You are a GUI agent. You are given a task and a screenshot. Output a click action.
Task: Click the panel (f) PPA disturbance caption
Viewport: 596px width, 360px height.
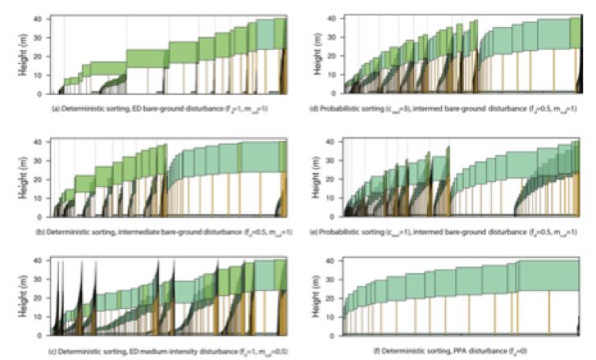453,352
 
